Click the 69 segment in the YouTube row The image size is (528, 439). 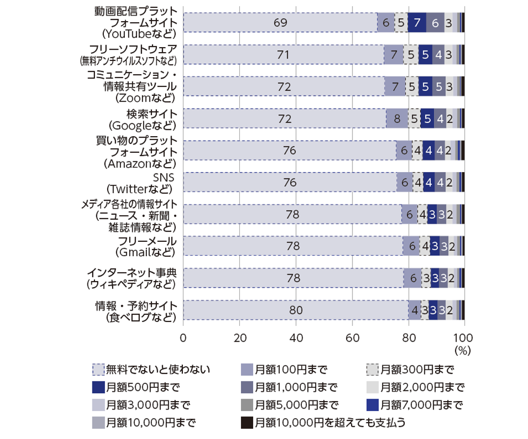pyautogui.click(x=280, y=23)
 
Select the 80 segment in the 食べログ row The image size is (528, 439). pyautogui.click(x=296, y=310)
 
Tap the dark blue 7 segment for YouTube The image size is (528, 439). pyautogui.click(x=417, y=23)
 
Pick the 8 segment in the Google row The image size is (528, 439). pyautogui.click(x=397, y=118)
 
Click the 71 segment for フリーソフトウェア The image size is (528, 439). pyautogui.click(x=283, y=55)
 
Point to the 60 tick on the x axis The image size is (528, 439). pyautogui.click(x=352, y=338)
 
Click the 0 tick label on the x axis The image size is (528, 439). pyautogui.click(x=183, y=338)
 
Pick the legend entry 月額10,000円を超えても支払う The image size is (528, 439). pyautogui.click(x=325, y=422)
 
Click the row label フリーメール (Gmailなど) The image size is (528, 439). pyautogui.click(x=145, y=246)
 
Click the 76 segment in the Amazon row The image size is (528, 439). pyautogui.click(x=290, y=150)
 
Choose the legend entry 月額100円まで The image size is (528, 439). pyautogui.click(x=285, y=369)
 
